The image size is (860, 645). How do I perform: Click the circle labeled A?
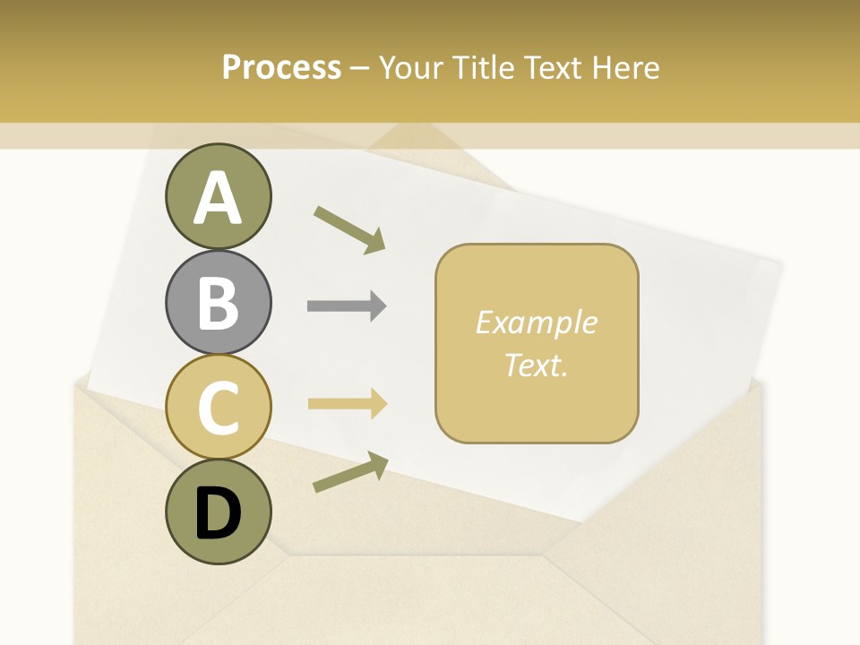218,196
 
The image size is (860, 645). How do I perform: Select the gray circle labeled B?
218,302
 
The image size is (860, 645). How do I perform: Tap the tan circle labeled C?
218,407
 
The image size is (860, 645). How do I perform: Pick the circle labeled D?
218,512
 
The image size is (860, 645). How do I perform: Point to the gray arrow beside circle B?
346,306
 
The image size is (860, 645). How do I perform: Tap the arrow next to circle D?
350,472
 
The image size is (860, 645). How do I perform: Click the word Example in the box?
536,322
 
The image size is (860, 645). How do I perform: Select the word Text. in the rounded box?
536,365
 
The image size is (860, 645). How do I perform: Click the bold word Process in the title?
281,67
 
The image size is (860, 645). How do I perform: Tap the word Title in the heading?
484,67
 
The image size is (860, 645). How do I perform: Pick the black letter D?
218,513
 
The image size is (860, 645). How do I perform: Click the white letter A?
218,198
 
